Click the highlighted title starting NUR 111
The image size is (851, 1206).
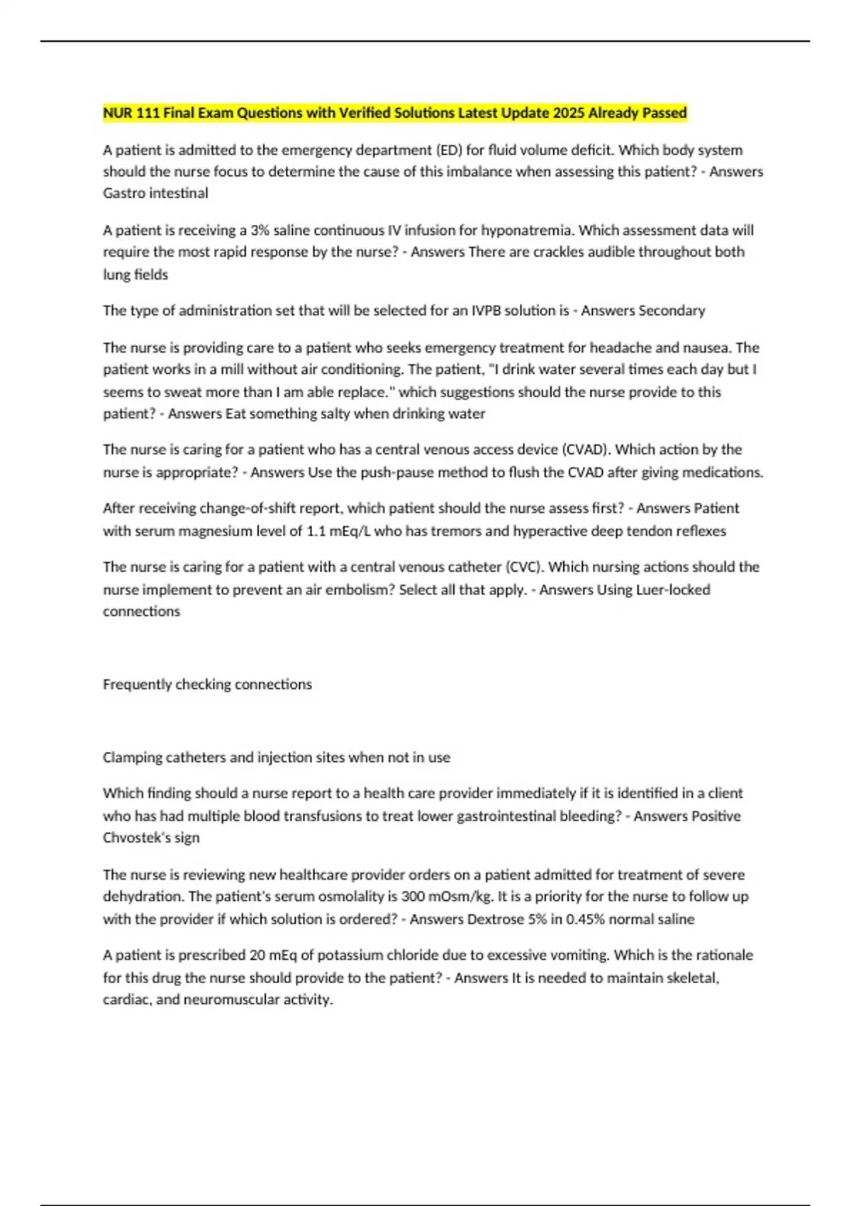pos(394,113)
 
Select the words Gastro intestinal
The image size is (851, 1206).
pos(155,193)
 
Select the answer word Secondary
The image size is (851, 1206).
pos(672,311)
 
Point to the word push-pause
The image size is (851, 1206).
pos(399,472)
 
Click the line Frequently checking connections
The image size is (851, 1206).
pos(207,685)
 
